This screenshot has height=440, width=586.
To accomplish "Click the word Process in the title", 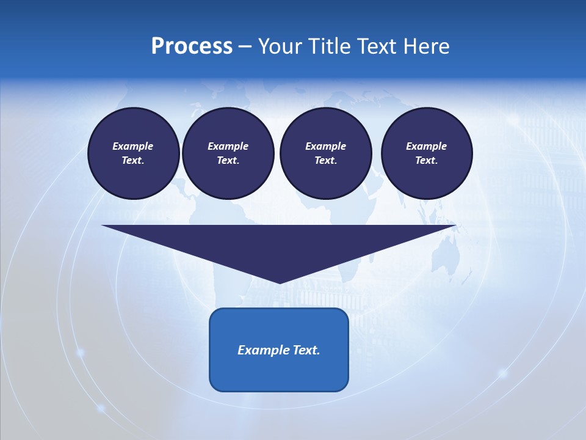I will [192, 46].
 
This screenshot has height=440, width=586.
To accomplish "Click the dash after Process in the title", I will [245, 47].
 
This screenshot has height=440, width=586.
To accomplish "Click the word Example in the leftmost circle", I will [133, 146].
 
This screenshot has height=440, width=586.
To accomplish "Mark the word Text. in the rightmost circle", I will [426, 160].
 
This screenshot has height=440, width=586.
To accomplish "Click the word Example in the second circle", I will [228, 146].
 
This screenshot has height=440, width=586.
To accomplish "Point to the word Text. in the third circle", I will [325, 160].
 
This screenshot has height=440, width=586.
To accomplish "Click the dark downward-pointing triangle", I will [279, 244].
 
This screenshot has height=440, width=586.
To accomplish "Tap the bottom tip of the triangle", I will [279, 282].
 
